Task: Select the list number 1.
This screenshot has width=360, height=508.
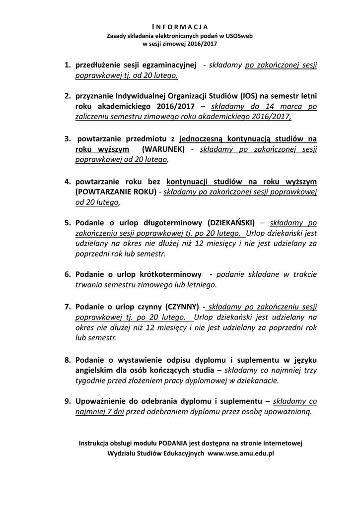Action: pyautogui.click(x=67, y=65)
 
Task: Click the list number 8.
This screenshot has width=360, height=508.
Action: pyautogui.click(x=67, y=359)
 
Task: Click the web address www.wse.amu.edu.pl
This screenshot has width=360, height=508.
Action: pyautogui.click(x=241, y=453)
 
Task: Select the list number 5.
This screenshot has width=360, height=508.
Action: pyautogui.click(x=67, y=222)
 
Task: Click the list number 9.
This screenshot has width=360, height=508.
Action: pyautogui.click(x=67, y=401)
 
